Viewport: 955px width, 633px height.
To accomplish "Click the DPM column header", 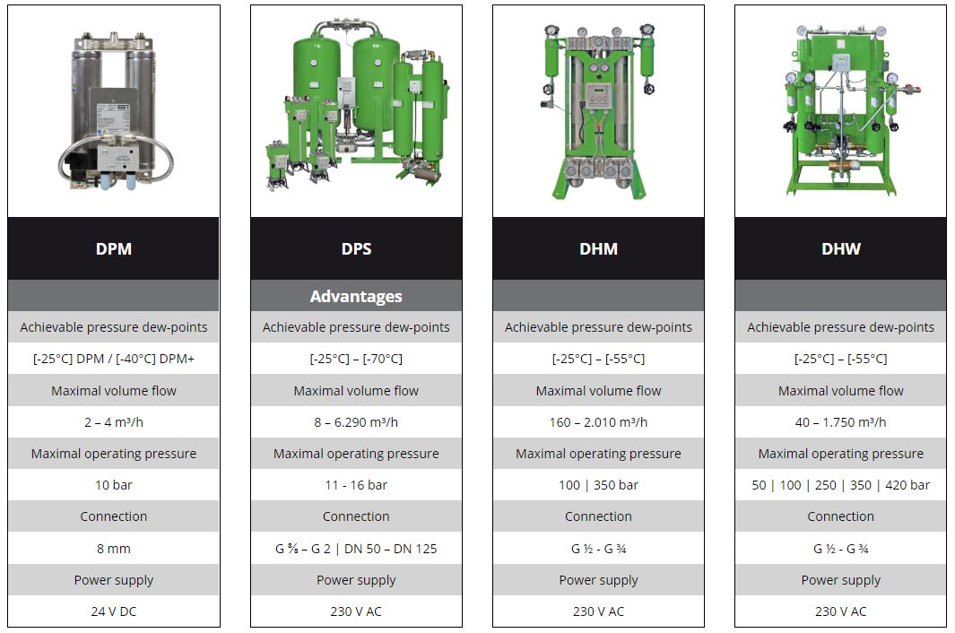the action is point(114,248).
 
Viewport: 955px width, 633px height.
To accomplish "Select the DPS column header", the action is point(356,248).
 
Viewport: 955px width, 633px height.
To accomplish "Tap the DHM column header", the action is point(599,248).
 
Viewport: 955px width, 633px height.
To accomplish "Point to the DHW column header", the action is point(841,248).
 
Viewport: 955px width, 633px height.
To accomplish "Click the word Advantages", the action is point(356,296).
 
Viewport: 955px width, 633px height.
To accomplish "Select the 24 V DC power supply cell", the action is point(114,611).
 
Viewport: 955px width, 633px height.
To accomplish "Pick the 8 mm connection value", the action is point(114,549).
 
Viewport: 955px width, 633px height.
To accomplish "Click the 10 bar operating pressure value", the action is point(114,485).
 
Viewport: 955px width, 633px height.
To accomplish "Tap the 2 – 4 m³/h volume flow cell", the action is point(114,422).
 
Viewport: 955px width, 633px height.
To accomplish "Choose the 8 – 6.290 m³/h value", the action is point(356,422).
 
